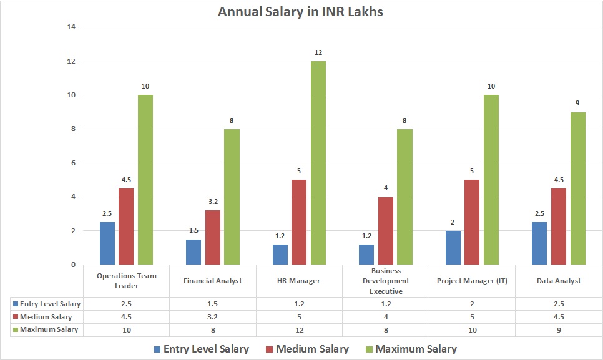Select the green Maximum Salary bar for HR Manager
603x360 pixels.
pos(318,162)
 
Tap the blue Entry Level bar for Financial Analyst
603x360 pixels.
pos(194,251)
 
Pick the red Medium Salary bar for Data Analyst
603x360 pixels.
pos(558,226)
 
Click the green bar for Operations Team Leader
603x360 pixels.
pos(145,180)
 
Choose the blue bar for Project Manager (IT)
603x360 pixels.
pos(453,247)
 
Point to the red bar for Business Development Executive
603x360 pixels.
pos(386,230)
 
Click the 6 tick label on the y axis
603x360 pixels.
pos(72,163)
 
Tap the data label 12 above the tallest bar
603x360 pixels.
pos(318,52)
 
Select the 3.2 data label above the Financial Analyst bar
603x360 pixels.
pos(213,202)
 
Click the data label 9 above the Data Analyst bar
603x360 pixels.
pos(577,104)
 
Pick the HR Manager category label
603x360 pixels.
pos(299,281)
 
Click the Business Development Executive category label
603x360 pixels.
pos(386,281)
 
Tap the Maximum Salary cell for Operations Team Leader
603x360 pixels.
pos(126,329)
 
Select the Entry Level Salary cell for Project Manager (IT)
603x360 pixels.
pos(472,303)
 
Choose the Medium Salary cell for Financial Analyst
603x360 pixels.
pos(213,316)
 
